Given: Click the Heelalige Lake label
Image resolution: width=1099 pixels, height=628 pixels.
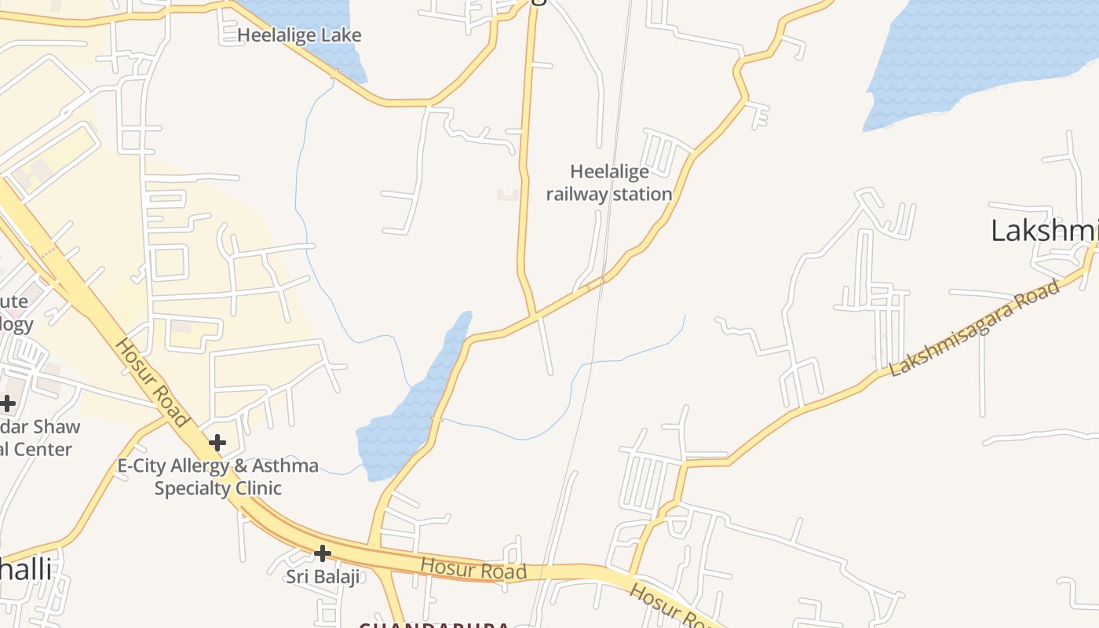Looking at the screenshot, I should click(x=299, y=35).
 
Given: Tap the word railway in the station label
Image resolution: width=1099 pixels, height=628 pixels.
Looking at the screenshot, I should click(x=578, y=194).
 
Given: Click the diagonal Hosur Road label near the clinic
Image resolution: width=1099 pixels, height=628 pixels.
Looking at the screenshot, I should click(x=152, y=382).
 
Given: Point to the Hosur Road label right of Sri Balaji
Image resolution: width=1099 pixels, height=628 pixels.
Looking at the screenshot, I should click(x=473, y=568).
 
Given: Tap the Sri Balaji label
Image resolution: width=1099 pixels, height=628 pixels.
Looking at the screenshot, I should click(x=322, y=577).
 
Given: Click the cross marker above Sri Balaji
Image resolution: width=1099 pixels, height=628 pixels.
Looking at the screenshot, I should click(x=322, y=553).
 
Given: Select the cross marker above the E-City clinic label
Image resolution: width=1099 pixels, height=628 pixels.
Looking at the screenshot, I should click(x=217, y=444).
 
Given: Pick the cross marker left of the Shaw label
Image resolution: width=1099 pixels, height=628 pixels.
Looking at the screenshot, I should click(x=7, y=404).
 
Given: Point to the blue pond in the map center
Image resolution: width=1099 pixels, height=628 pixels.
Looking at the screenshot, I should click(x=408, y=416).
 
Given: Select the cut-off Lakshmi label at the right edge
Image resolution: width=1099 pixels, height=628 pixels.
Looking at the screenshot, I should click(x=1044, y=231).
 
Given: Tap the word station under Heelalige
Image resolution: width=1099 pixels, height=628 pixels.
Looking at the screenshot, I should click(x=642, y=194).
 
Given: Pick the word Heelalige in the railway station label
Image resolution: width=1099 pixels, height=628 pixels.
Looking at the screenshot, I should click(x=609, y=171).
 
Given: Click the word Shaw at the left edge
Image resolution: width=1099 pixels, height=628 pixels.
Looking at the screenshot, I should click(x=60, y=426).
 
